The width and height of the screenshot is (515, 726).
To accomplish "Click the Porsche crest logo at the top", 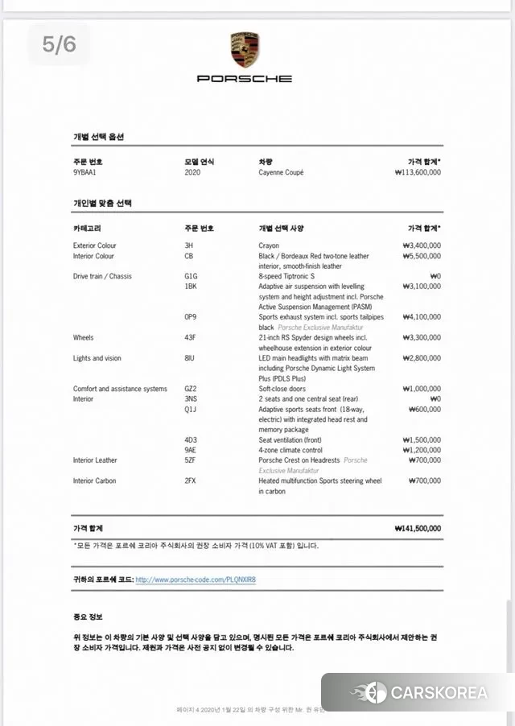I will pyautogui.click(x=245, y=50).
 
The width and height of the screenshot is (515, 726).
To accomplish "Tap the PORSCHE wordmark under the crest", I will pyautogui.click(x=245, y=79).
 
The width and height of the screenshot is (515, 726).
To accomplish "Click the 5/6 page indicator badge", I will pyautogui.click(x=60, y=44).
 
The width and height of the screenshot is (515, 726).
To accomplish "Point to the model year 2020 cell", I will pyautogui.click(x=192, y=172).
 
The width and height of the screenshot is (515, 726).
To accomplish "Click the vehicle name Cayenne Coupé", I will pyautogui.click(x=281, y=172).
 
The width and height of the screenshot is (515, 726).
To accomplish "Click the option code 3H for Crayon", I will pyautogui.click(x=189, y=245).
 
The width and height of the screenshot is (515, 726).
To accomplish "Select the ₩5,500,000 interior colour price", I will pyautogui.click(x=422, y=256).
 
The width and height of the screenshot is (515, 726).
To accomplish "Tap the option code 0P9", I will pyautogui.click(x=191, y=317).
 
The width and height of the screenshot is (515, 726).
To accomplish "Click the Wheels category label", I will pyautogui.click(x=84, y=337).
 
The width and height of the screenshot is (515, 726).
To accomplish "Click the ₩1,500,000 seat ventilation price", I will pyautogui.click(x=422, y=440).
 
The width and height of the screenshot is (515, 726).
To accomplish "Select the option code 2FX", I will pyautogui.click(x=191, y=481).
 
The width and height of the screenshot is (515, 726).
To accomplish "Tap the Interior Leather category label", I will pyautogui.click(x=95, y=460).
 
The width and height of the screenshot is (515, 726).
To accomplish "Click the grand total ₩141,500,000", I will pyautogui.click(x=418, y=529).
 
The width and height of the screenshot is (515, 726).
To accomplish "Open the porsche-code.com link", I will pyautogui.click(x=200, y=579).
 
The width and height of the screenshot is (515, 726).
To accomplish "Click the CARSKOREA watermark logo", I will pyautogui.click(x=418, y=692).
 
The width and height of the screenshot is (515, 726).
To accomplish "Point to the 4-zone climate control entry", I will pyautogui.click(x=290, y=450).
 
